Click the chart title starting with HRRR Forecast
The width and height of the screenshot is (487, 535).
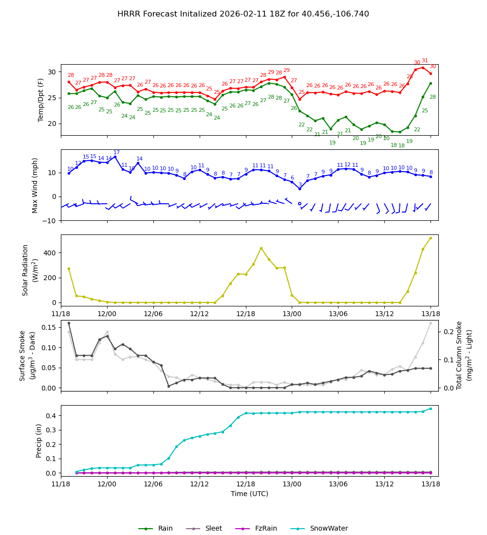coord(243,14)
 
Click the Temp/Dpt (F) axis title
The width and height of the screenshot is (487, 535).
coord(41,100)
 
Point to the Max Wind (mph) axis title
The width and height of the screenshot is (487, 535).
coord(35,185)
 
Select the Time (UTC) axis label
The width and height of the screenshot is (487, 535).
coord(249,494)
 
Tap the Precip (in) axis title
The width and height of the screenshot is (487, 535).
coord(39,441)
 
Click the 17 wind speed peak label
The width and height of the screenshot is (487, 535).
coord(116,153)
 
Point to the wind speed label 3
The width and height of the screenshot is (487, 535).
coord(300,185)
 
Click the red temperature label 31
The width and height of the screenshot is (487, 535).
coord(425,61)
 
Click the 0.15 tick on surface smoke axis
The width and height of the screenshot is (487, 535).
coord(48,327)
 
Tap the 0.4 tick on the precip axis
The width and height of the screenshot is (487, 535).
coord(52,416)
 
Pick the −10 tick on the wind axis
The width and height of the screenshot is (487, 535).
coord(50,220)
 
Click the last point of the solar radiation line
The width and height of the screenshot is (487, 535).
coord(431,238)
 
